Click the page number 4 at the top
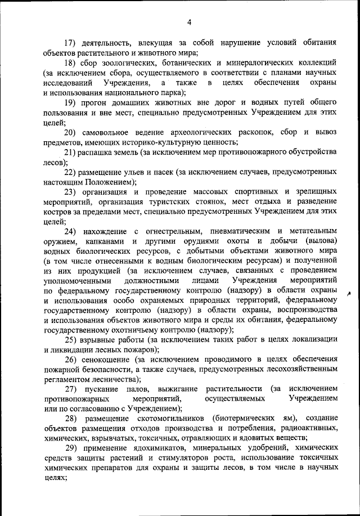point(190,23)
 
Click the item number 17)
point(70,43)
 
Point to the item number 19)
point(70,102)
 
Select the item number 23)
point(70,192)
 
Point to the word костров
point(58,212)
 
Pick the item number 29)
point(70,449)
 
